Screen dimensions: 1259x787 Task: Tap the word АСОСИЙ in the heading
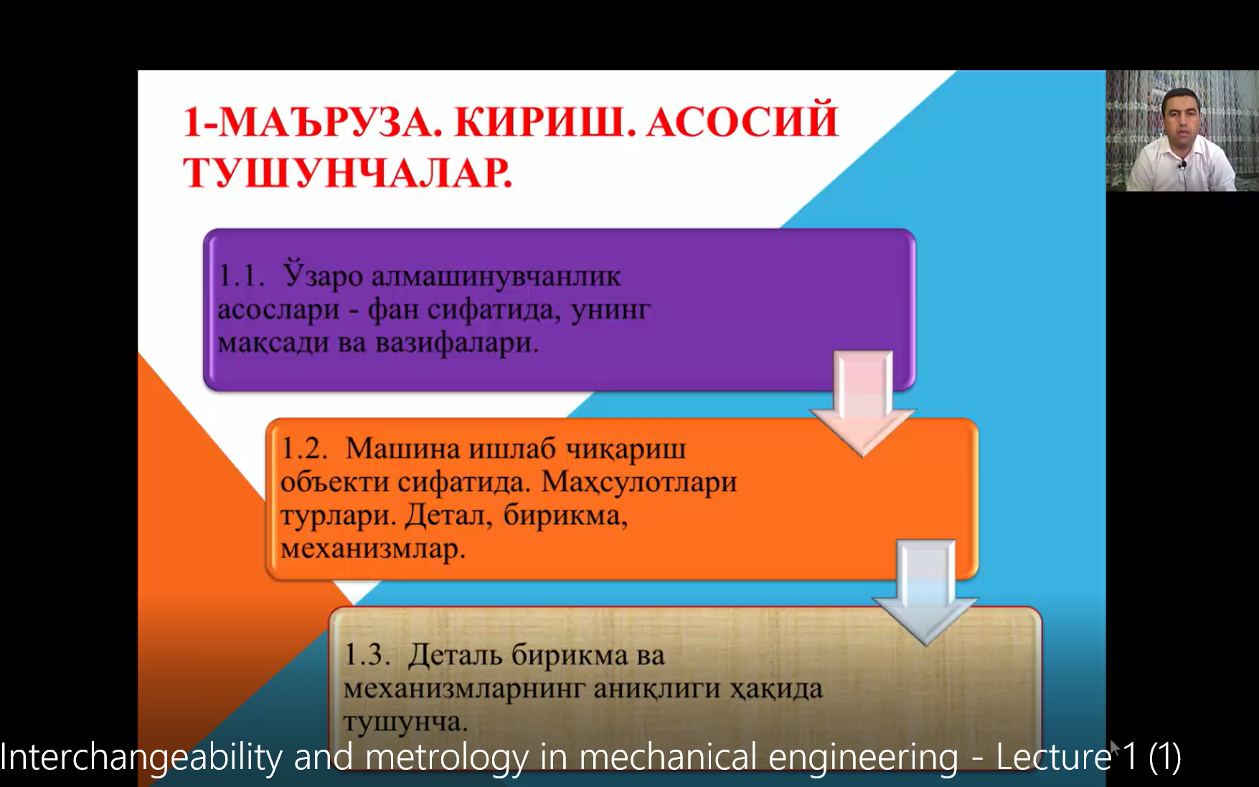(x=742, y=121)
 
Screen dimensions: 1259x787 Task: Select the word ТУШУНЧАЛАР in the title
(x=348, y=173)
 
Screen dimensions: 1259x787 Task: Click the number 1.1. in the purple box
(x=241, y=275)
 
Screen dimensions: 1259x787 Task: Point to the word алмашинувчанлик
(x=496, y=276)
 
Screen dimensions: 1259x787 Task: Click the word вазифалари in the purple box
(x=457, y=343)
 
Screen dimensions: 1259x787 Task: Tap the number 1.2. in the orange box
(x=304, y=448)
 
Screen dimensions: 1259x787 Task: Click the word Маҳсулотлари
(x=638, y=481)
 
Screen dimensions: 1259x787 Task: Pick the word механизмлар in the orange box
(x=373, y=549)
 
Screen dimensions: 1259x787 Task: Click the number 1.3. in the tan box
(x=367, y=654)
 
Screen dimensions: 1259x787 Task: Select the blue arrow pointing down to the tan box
(x=925, y=590)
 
